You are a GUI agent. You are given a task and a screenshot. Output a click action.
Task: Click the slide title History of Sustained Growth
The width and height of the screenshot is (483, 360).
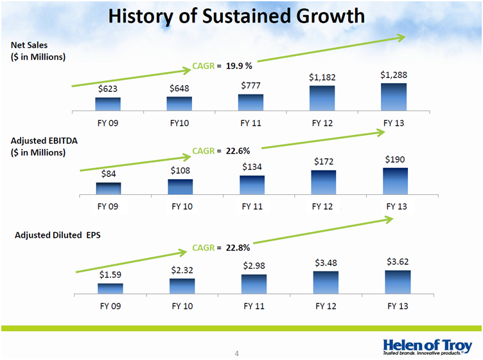[236, 16]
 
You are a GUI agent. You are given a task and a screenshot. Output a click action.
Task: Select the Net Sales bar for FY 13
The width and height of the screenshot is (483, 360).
[394, 96]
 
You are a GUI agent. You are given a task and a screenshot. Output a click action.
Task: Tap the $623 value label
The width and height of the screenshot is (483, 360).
[108, 89]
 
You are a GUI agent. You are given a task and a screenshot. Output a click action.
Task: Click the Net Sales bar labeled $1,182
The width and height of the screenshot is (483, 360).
[322, 98]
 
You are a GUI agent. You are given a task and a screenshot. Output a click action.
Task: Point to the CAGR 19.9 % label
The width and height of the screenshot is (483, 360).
[222, 66]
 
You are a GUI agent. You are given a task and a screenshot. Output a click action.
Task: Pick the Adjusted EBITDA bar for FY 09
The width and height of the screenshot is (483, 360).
[109, 188]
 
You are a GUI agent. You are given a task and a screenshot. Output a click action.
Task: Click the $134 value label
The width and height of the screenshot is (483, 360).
[252, 167]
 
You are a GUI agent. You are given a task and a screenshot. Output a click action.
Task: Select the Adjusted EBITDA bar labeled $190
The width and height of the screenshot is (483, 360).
[396, 181]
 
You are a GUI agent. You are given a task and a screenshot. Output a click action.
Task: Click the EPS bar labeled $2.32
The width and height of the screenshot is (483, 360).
[182, 285]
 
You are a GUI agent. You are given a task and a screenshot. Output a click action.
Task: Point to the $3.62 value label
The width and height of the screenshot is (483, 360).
[398, 262]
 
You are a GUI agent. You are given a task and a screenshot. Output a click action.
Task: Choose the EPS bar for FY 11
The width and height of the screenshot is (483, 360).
[254, 283]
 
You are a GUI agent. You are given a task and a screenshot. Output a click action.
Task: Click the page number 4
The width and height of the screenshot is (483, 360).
[236, 353]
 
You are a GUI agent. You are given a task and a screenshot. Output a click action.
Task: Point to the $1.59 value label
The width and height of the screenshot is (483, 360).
[110, 274]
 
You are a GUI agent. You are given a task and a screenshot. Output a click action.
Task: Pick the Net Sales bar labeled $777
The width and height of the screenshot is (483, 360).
[250, 102]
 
